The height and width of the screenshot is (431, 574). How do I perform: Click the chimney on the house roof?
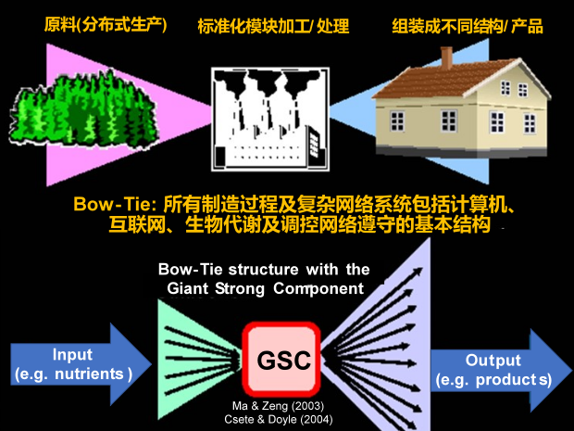click(446, 57)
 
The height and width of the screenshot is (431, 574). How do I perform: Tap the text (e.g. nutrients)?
click(74, 374)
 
